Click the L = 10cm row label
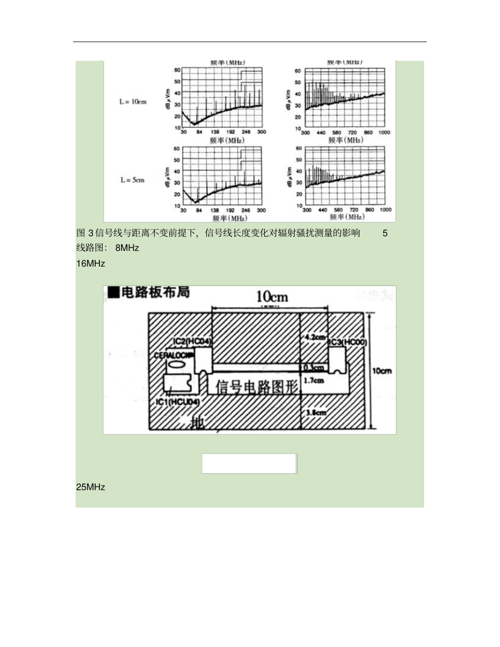pyautogui.click(x=132, y=102)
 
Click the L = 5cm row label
pyautogui.click(x=132, y=180)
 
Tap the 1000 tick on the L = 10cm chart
pyautogui.click(x=385, y=133)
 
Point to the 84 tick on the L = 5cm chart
pyautogui.click(x=198, y=210)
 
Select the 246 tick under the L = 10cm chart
pyautogui.click(x=246, y=132)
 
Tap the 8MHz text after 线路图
pyautogui.click(x=127, y=248)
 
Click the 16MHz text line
pyautogui.click(x=91, y=264)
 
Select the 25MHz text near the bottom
pyautogui.click(x=91, y=487)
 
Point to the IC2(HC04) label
pyautogui.click(x=192, y=342)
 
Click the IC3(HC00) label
pyautogui.click(x=348, y=342)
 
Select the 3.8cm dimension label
pyautogui.click(x=315, y=413)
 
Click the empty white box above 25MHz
pyautogui.click(x=249, y=463)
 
